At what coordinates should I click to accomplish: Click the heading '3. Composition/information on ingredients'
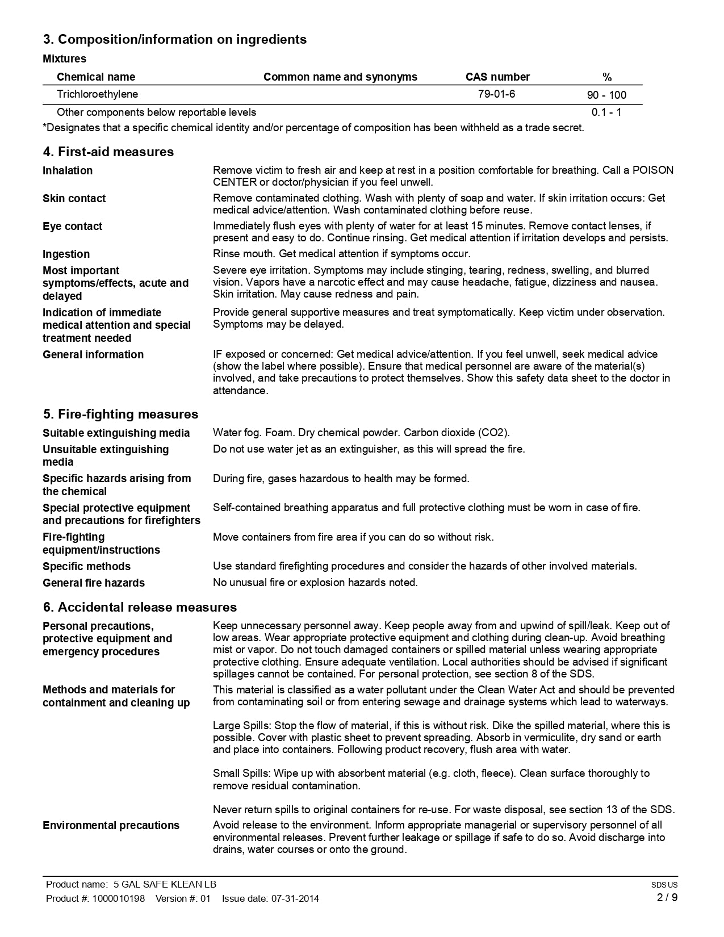point(174,40)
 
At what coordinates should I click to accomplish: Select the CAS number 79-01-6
point(496,94)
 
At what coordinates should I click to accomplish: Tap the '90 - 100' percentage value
point(606,95)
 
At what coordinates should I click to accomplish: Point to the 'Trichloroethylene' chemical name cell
point(97,94)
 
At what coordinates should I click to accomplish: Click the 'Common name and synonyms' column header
point(340,77)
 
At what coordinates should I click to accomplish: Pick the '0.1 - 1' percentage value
point(606,112)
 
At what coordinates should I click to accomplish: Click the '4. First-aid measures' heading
point(108,152)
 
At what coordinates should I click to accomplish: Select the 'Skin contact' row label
point(74,198)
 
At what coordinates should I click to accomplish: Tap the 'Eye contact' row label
point(72,226)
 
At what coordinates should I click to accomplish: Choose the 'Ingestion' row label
point(66,254)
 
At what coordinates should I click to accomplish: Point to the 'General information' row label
point(93,354)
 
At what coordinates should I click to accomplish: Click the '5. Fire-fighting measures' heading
point(120,414)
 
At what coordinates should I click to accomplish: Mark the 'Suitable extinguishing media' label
point(116,433)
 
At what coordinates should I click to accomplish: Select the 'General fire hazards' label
point(94,583)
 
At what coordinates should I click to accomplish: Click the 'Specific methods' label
point(86,566)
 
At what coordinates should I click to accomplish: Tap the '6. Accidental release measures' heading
point(140,607)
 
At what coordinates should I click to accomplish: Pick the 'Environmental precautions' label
point(111,825)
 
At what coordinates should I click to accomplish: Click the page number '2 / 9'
point(667,898)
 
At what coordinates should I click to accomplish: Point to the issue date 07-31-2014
point(295,898)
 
